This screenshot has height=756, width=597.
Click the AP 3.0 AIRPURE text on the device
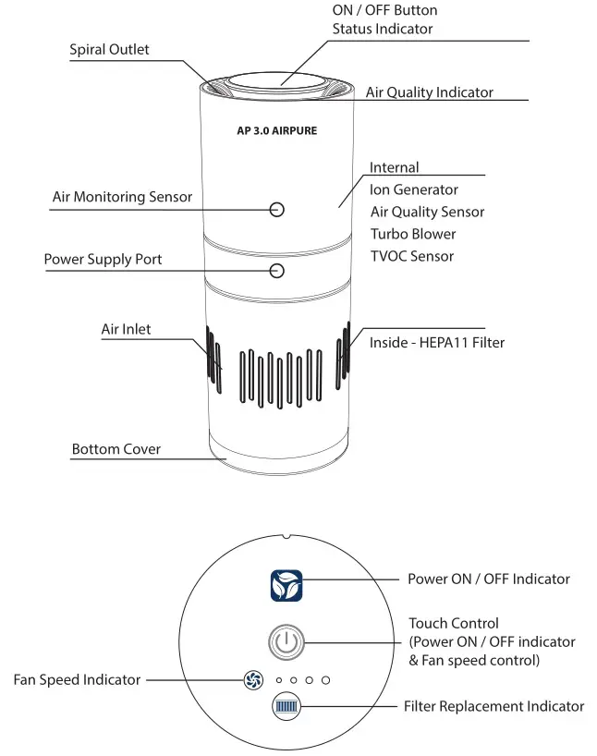pyautogui.click(x=276, y=131)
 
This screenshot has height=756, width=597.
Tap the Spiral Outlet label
pyautogui.click(x=109, y=49)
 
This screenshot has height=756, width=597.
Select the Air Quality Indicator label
pyautogui.click(x=429, y=92)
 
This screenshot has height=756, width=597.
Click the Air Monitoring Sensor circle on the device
pyautogui.click(x=277, y=209)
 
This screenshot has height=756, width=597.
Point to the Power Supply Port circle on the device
pyautogui.click(x=277, y=270)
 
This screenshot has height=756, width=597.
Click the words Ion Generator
pyautogui.click(x=413, y=189)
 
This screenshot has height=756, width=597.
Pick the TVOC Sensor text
pyautogui.click(x=411, y=256)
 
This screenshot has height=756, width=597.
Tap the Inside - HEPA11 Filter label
pyautogui.click(x=436, y=343)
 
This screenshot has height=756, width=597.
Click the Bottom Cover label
pyautogui.click(x=116, y=449)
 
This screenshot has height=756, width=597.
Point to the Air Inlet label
pyautogui.click(x=126, y=329)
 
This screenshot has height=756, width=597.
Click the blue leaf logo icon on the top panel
pyautogui.click(x=286, y=586)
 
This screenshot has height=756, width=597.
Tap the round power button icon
pyautogui.click(x=286, y=641)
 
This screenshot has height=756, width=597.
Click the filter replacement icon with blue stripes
pyautogui.click(x=286, y=708)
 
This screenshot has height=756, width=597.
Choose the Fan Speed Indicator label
pyautogui.click(x=78, y=680)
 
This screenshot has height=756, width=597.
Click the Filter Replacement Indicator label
pyautogui.click(x=493, y=706)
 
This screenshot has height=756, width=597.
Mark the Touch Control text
pyautogui.click(x=453, y=624)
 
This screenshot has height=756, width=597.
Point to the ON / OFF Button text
pyautogui.click(x=384, y=10)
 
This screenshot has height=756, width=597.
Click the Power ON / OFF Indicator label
pyautogui.click(x=488, y=579)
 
